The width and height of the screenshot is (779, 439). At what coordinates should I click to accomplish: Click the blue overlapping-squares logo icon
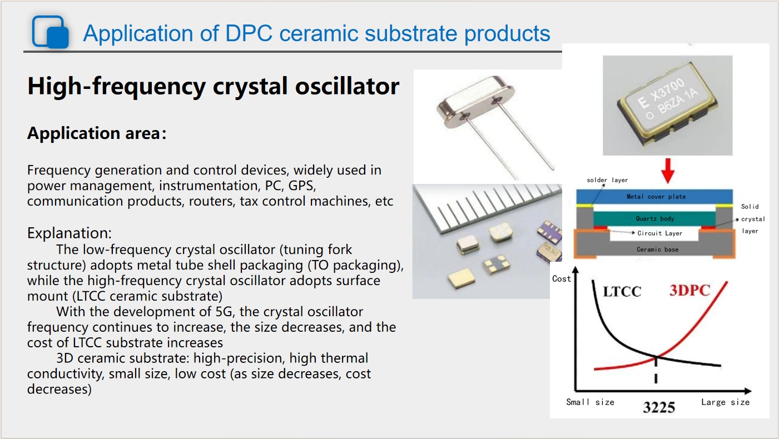click(51, 32)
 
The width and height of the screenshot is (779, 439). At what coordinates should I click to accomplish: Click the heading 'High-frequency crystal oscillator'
click(213, 86)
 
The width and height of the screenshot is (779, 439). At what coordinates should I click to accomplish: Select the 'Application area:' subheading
click(97, 133)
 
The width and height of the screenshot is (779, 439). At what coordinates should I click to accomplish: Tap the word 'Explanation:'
click(69, 233)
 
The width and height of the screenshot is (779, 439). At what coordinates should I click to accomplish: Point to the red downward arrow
click(667, 171)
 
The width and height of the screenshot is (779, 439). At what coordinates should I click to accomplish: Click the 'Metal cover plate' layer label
click(656, 197)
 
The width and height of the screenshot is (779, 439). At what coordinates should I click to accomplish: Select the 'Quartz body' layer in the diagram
click(655, 218)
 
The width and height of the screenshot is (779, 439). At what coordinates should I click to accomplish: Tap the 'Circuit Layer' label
click(659, 233)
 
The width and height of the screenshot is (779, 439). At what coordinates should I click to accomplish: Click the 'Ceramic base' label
click(657, 250)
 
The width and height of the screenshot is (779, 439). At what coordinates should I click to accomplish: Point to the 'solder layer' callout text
click(607, 180)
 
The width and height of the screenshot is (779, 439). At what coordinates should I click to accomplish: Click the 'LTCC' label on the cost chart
click(622, 292)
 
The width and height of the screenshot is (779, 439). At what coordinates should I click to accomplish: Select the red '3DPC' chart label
click(689, 290)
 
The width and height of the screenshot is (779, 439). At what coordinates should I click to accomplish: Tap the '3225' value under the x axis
click(659, 407)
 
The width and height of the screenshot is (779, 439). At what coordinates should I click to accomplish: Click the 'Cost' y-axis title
click(561, 279)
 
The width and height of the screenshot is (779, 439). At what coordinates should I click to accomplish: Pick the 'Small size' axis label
click(590, 402)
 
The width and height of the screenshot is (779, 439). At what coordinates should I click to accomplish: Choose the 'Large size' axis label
click(725, 402)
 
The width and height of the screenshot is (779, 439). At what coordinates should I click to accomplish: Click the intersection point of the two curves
click(656, 357)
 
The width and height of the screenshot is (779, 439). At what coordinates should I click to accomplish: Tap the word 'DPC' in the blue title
click(249, 33)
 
